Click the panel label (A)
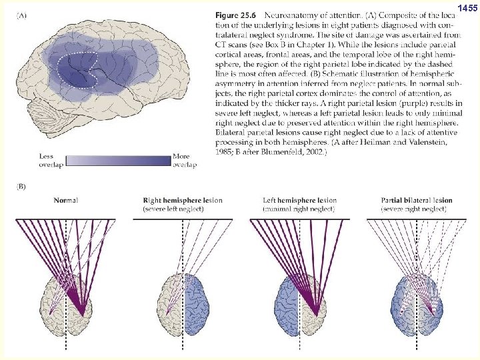[x=23, y=15]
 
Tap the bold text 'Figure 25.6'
[x=237, y=14]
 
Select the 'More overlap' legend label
[x=184, y=161]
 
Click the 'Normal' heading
[x=66, y=200]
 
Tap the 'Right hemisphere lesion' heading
[x=183, y=200]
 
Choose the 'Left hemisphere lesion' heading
[x=300, y=200]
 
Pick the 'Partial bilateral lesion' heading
[x=417, y=200]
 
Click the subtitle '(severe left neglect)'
[x=173, y=209]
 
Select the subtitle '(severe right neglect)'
[x=414, y=209]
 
